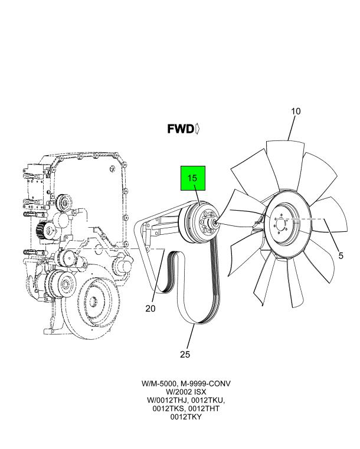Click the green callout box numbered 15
coord(192,178)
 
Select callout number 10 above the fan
coord(296,111)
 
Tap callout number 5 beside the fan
coord(341,255)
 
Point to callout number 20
coord(150,307)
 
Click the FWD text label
coord(180,128)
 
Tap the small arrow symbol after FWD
coord(197,128)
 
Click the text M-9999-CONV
coord(207,384)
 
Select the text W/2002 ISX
coord(186,392)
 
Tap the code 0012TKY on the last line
coord(186,417)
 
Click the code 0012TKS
coord(168,408)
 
